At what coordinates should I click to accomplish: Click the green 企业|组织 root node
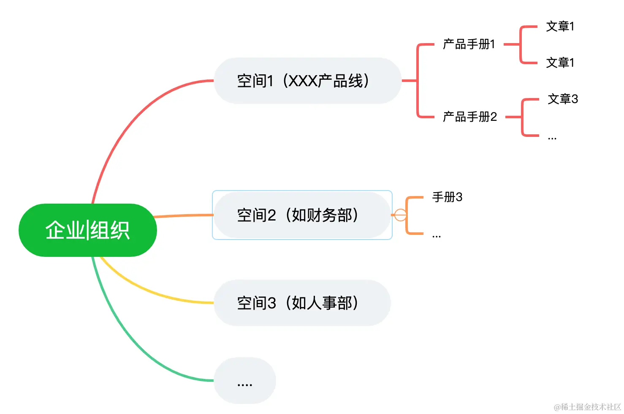click(x=87, y=230)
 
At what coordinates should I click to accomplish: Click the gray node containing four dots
click(x=245, y=381)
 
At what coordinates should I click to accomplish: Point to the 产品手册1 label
click(x=469, y=44)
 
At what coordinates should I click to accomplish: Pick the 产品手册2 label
click(x=469, y=117)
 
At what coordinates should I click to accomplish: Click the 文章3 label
click(x=562, y=99)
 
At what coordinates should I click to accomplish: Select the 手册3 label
click(x=447, y=197)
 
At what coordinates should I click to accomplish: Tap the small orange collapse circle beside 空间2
click(x=400, y=215)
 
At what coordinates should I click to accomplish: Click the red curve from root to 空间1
click(x=127, y=123)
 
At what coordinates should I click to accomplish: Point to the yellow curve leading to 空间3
click(x=152, y=291)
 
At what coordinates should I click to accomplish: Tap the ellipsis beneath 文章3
click(x=552, y=138)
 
